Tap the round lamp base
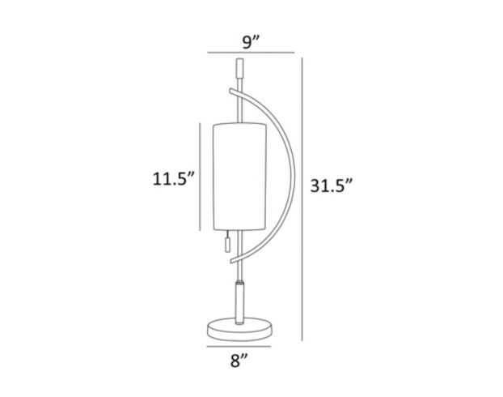pyautogui.click(x=239, y=327)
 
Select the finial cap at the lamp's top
pyautogui.click(x=239, y=65)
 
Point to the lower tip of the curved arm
pyautogui.click(x=231, y=263)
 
